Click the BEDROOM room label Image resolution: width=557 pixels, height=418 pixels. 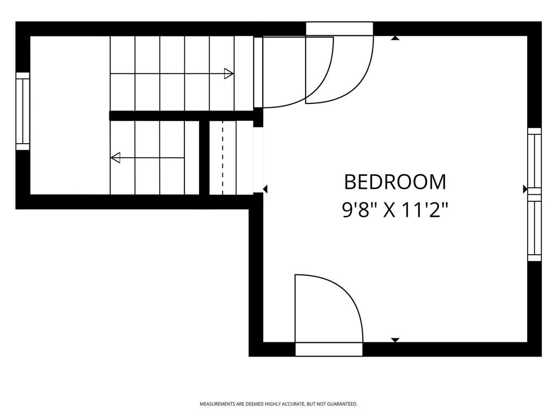[395, 182]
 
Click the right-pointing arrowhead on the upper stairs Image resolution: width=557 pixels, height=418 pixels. [229, 74]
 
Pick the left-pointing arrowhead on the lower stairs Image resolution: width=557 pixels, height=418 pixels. [115, 157]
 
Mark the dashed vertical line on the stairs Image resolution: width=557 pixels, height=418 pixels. [222, 158]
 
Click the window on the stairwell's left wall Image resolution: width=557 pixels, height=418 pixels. [23, 111]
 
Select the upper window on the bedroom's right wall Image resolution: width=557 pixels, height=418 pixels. [534, 158]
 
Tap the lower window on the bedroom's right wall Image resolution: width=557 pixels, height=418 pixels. [534, 228]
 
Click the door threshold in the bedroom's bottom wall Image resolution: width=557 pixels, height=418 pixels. [329, 349]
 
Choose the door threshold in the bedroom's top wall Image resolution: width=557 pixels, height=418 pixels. [339, 28]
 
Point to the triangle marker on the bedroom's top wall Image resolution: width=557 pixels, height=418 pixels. [395, 38]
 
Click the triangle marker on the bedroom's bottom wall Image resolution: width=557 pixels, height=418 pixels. [395, 340]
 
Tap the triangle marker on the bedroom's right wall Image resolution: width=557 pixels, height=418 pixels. [525, 189]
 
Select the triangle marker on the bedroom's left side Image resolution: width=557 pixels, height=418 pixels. [265, 189]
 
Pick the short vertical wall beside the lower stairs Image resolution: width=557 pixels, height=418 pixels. [204, 158]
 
